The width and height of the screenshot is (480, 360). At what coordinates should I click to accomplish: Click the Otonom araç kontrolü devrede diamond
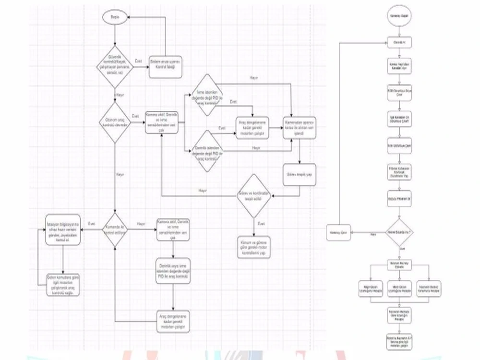click(115, 123)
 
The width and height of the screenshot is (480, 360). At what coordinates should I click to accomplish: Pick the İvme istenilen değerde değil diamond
click(204, 95)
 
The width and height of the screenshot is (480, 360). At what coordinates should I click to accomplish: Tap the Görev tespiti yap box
click(300, 175)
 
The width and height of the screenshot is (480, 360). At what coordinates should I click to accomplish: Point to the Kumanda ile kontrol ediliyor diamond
click(115, 229)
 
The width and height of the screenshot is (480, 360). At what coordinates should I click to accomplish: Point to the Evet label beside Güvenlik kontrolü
click(139, 61)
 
